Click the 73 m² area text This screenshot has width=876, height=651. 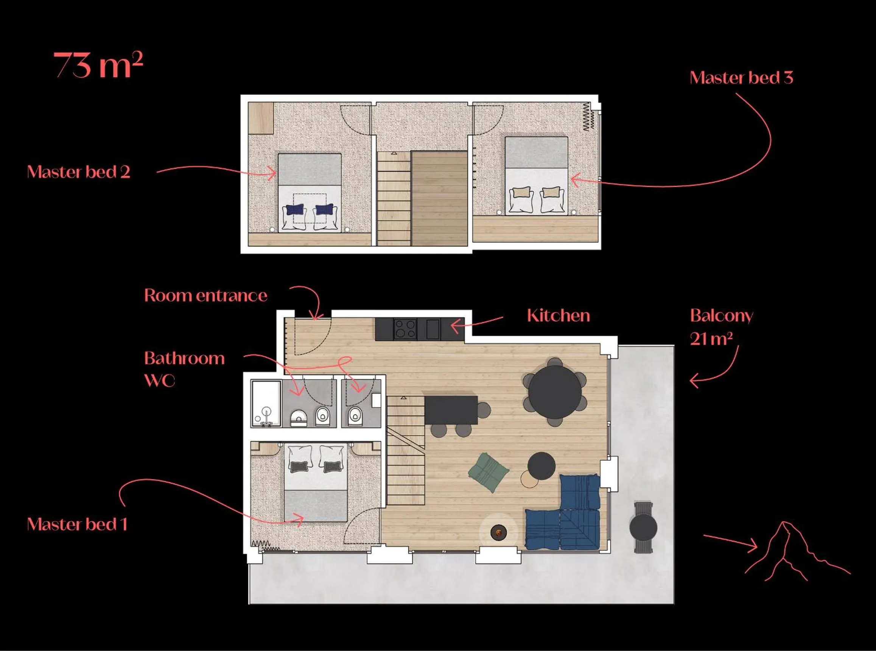pyautogui.click(x=98, y=65)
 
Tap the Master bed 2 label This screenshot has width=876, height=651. pyautogui.click(x=78, y=172)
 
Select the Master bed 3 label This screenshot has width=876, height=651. pyautogui.click(x=741, y=78)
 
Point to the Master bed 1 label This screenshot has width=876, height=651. pyautogui.click(x=77, y=524)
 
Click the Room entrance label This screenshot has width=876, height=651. pyautogui.click(x=205, y=295)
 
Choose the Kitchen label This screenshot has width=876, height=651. pyautogui.click(x=558, y=315)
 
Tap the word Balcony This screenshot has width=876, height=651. pyautogui.click(x=721, y=315)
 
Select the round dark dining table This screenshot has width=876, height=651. pyautogui.click(x=555, y=392)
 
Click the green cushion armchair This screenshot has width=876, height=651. pyautogui.click(x=488, y=472)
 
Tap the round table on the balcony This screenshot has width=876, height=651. pyautogui.click(x=643, y=528)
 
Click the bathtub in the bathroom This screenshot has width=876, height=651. pyautogui.click(x=266, y=403)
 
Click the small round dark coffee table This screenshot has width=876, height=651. pyautogui.click(x=541, y=466)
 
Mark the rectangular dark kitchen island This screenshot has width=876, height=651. pyautogui.click(x=451, y=410)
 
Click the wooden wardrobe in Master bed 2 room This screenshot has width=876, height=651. pyautogui.click(x=261, y=118)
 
